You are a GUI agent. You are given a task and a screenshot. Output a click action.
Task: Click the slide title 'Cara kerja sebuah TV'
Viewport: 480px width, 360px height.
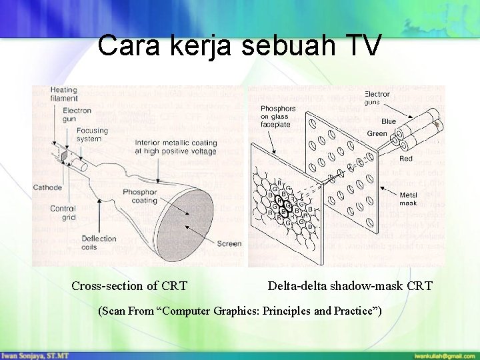pyautogui.click(x=239, y=45)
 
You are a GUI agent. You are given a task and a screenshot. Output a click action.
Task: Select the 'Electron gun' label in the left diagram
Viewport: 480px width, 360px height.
pyautogui.click(x=77, y=115)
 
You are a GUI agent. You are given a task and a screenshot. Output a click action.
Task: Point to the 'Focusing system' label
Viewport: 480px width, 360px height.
pyautogui.click(x=92, y=135)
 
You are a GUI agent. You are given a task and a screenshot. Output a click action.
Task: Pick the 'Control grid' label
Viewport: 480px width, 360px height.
pyautogui.click(x=63, y=213)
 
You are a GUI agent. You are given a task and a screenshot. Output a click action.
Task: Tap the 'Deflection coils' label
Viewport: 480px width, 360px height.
pyautogui.click(x=99, y=243)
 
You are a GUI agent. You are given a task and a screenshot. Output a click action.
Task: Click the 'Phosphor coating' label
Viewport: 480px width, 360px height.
pyautogui.click(x=140, y=195)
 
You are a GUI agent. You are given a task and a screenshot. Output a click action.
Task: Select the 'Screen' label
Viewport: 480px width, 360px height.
pyautogui.click(x=229, y=243)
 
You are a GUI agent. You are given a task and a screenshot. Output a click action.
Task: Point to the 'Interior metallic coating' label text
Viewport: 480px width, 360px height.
pyautogui.click(x=175, y=147)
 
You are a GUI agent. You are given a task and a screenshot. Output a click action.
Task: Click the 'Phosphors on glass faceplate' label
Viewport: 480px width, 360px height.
pyautogui.click(x=277, y=117)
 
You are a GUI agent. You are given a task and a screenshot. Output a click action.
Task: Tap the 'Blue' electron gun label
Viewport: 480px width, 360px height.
pyautogui.click(x=388, y=121)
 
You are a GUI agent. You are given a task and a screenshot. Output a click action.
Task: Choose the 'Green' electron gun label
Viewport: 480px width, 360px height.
pyautogui.click(x=377, y=133)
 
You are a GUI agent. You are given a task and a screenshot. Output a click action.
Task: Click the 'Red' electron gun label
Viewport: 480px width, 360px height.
pyautogui.click(x=405, y=159)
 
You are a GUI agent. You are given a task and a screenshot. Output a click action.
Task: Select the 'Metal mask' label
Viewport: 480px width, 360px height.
pyautogui.click(x=408, y=199)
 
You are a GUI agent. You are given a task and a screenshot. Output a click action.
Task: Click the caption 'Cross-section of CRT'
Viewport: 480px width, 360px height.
pyautogui.click(x=129, y=286)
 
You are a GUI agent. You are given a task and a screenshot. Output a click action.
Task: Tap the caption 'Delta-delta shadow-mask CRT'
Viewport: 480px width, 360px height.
pyautogui.click(x=350, y=286)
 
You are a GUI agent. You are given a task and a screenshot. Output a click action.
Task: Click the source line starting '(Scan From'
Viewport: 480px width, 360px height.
pyautogui.click(x=240, y=311)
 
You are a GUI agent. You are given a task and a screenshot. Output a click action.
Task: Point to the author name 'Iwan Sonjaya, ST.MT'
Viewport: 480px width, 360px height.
pyautogui.click(x=33, y=355)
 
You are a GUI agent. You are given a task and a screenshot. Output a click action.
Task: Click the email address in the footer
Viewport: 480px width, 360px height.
pyautogui.click(x=444, y=355)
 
